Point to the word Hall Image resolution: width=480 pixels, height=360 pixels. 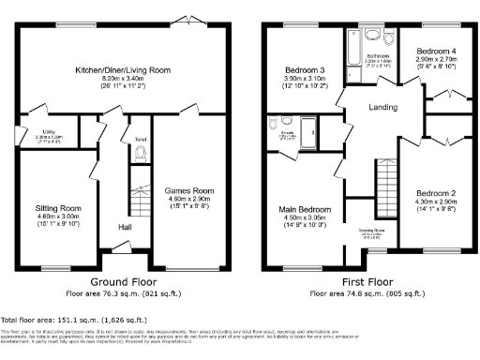coord(124,227)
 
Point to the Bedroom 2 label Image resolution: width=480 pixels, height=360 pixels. coord(436,193)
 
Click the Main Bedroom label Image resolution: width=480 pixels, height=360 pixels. coord(303,209)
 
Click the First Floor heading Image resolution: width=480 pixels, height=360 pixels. coord(359,281)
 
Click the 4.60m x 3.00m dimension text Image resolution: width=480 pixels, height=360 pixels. coord(58,216)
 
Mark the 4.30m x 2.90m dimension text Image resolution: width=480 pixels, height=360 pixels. coord(436,202)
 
